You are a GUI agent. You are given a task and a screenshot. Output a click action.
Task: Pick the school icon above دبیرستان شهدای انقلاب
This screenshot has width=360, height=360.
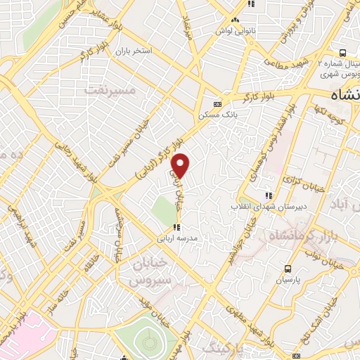click(x=268, y=195)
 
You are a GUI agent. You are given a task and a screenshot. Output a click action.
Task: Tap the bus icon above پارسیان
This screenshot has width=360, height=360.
click(x=288, y=269)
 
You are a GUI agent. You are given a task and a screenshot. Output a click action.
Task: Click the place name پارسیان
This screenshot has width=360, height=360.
click(x=288, y=280)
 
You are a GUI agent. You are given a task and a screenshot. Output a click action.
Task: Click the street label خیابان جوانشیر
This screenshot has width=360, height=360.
click(x=249, y=236)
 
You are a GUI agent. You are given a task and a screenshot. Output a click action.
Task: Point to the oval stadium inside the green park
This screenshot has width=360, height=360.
click(x=149, y=343)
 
